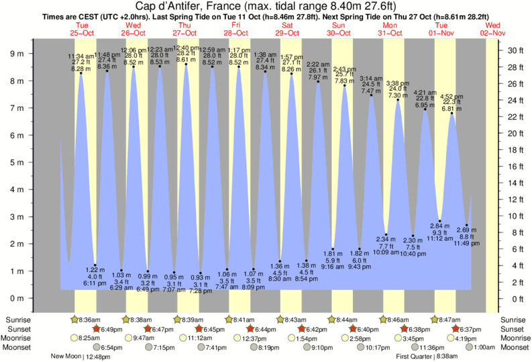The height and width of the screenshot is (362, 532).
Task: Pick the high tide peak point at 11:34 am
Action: pos(81,73)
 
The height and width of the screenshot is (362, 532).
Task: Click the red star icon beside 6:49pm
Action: pos(96,329)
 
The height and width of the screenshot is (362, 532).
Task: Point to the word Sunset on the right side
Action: pos(514,329)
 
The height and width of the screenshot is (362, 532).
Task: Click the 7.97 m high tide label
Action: pos(318,77)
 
